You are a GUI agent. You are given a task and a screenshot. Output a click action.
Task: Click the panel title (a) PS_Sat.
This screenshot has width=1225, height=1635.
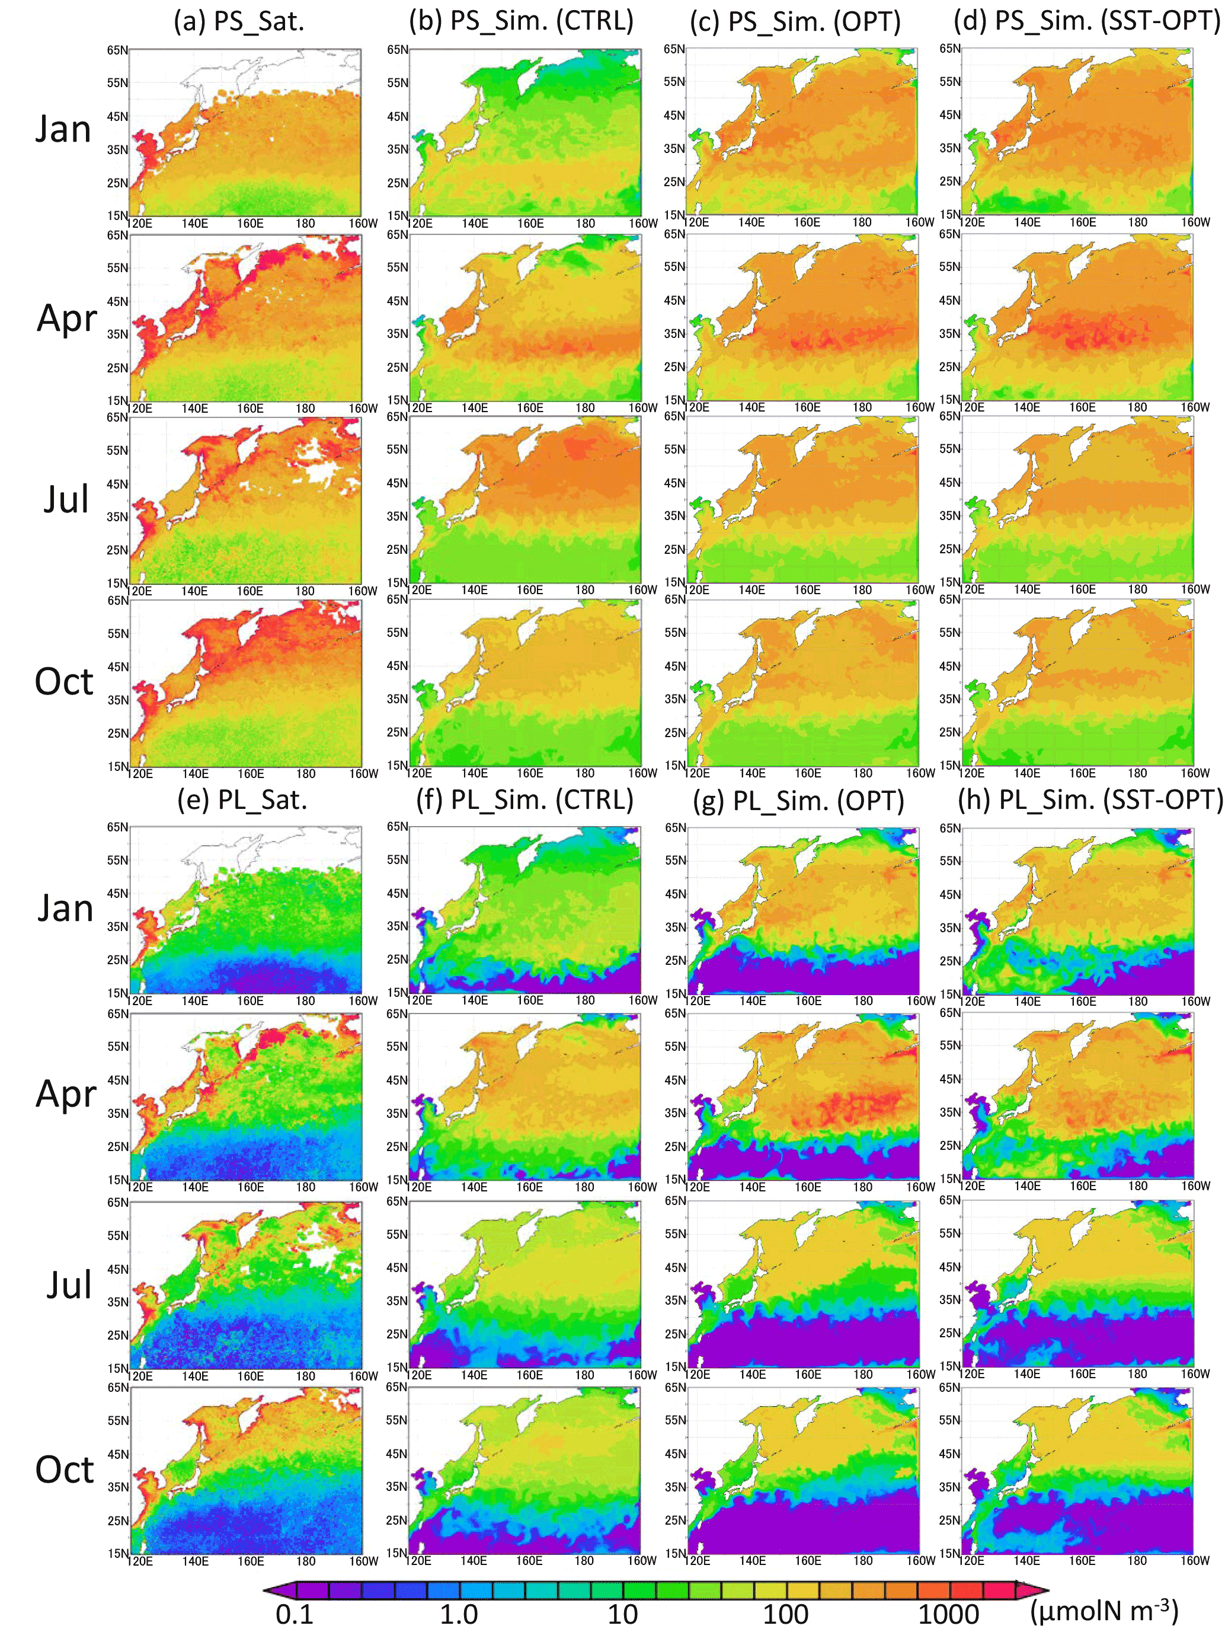coord(239,21)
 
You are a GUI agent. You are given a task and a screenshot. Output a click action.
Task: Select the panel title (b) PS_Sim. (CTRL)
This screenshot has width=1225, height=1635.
coord(521,21)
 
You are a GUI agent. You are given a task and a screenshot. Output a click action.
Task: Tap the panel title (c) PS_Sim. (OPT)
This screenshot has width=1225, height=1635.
coord(795,21)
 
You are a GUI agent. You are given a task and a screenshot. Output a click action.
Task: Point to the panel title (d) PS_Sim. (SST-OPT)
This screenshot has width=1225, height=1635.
coord(1086,21)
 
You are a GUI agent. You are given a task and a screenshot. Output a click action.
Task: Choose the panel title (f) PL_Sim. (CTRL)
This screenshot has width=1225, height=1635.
coord(524,800)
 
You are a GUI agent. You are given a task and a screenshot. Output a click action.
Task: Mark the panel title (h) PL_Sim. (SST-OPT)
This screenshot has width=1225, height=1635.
coord(1090,800)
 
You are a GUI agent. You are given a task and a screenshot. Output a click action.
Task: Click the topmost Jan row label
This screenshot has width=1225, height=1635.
coord(63,129)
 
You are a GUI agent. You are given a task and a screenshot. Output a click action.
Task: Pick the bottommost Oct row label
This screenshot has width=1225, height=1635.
coord(64,1470)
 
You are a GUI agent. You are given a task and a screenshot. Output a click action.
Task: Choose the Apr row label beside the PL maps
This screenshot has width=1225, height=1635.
coord(66,1095)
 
